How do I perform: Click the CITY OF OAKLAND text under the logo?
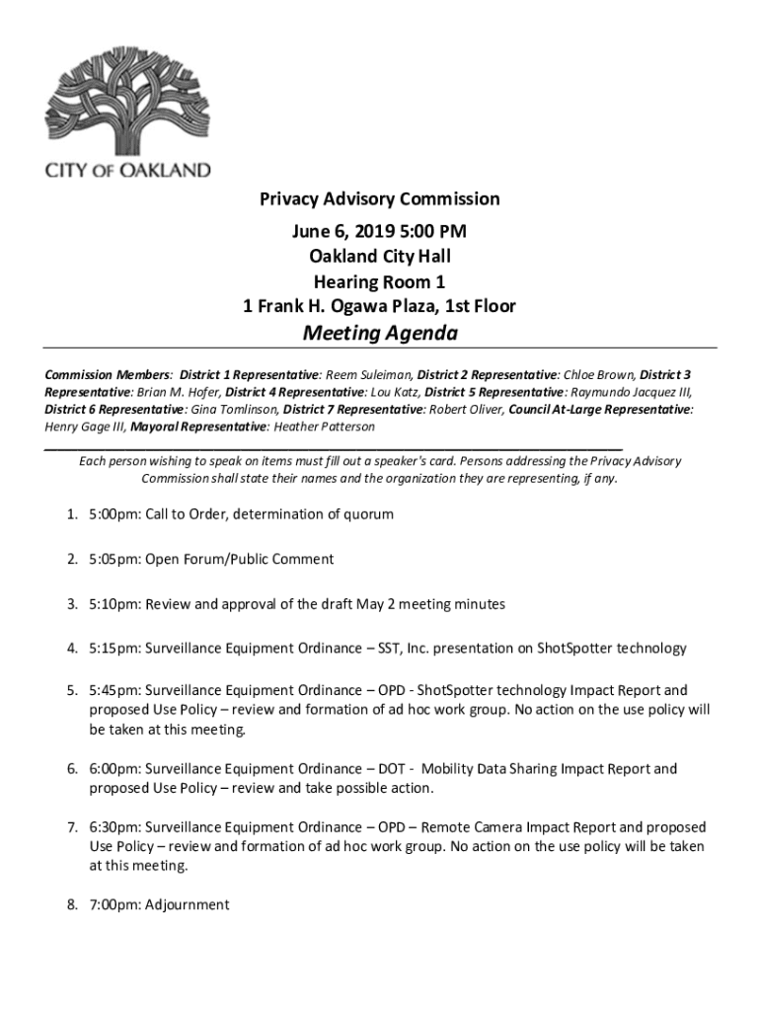pos(127,170)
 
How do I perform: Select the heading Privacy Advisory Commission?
pos(379,199)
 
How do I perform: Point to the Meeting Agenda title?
pos(379,334)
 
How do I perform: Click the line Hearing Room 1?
pos(379,281)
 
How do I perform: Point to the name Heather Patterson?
pos(323,427)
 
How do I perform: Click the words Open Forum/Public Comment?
pos(240,559)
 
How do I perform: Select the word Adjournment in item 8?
pos(187,904)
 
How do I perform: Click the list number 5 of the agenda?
pos(72,690)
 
